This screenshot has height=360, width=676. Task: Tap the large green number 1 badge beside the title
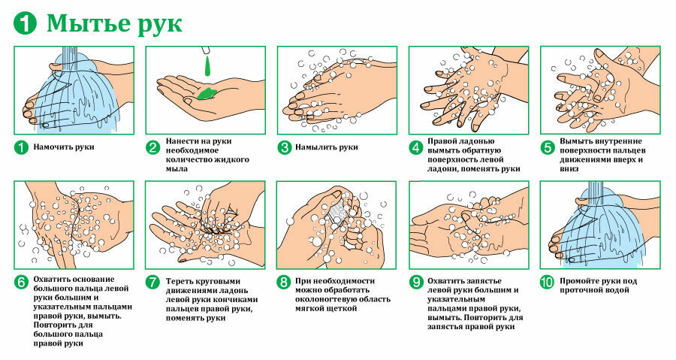coord(25,23)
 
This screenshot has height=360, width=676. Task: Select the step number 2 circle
coord(152,148)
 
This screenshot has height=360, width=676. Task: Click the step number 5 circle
coord(547,148)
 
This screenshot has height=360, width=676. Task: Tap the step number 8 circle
coord(284,283)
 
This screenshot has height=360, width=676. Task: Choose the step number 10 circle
coord(547,283)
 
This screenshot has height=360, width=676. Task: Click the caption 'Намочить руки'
coord(64,147)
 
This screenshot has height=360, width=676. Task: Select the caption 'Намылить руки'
coord(327,147)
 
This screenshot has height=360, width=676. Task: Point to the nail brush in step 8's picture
coord(336,211)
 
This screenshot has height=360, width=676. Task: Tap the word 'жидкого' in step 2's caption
coord(232,159)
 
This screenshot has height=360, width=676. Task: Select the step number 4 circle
coord(415,148)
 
